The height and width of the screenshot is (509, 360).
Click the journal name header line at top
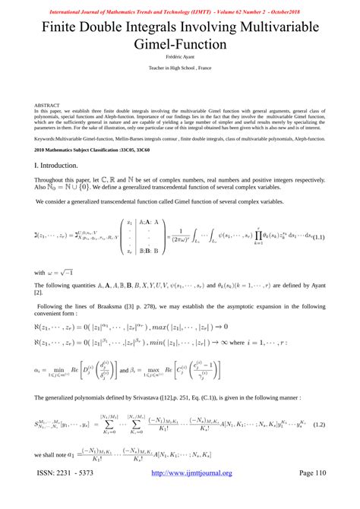click(180, 5)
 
